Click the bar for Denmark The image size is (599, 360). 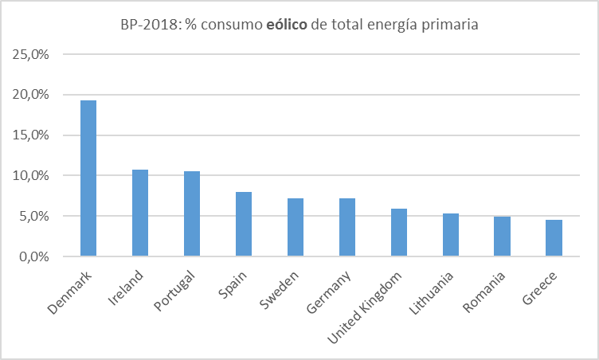point(88,178)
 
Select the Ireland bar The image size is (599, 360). point(139,213)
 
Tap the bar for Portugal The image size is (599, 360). point(191,213)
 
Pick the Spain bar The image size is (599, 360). point(243,224)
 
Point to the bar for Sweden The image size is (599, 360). point(295,227)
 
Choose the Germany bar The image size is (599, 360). point(346,227)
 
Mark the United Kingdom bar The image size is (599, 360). point(398,233)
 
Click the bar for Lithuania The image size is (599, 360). point(450,235)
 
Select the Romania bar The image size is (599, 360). point(502,237)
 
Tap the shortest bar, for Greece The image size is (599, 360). point(554,238)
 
